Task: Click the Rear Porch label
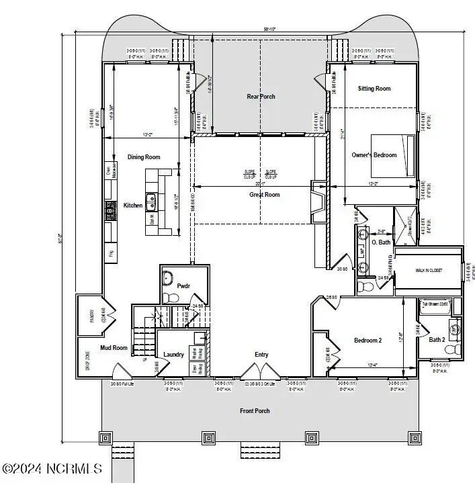point(261,97)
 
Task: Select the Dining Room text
point(144,157)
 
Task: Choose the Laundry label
point(174,355)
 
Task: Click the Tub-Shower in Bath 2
point(435,306)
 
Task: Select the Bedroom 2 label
point(368,341)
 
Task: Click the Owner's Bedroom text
point(374,155)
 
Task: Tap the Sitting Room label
point(374,89)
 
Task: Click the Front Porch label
point(255,410)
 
